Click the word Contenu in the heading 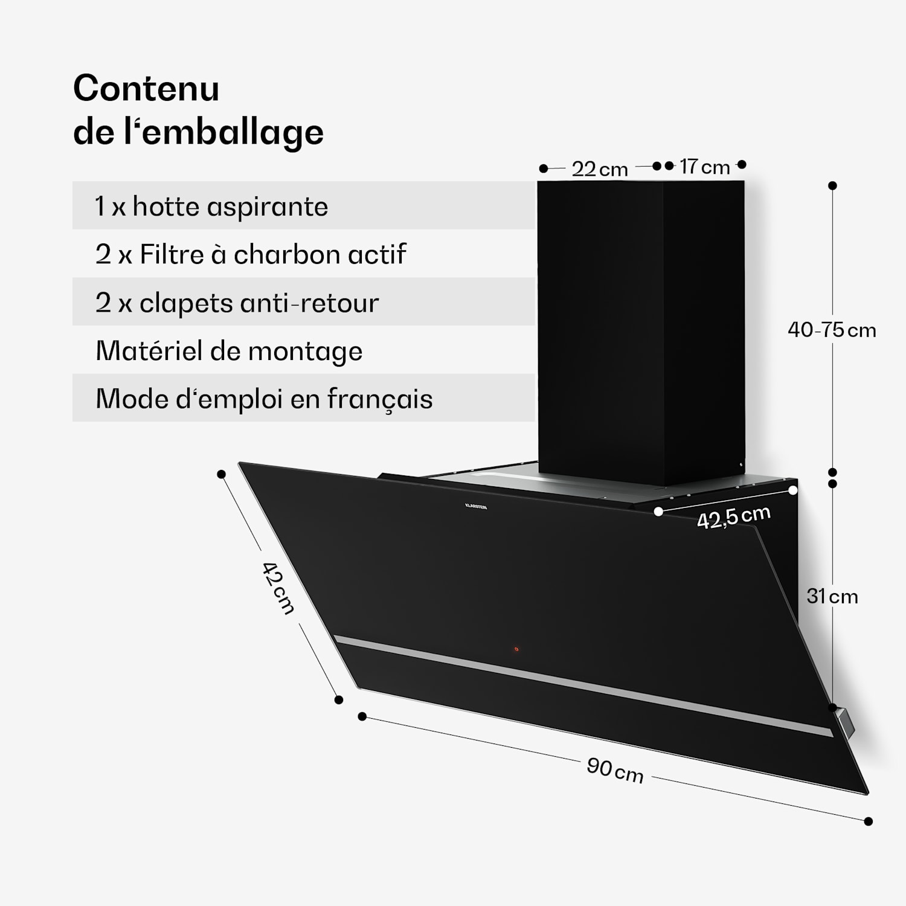[146, 89]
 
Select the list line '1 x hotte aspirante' [211, 207]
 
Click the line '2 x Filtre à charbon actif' [251, 254]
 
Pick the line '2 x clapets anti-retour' [237, 303]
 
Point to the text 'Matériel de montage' [229, 351]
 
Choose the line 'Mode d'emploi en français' [264, 399]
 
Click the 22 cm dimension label [600, 169]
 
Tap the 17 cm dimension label [704, 167]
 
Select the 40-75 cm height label [832, 330]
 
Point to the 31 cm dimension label [832, 597]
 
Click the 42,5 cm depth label [733, 518]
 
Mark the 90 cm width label [615, 770]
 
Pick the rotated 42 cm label [278, 588]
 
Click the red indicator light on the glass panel [516, 650]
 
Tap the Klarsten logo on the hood [476, 506]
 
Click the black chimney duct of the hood [640, 326]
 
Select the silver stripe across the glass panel [580, 685]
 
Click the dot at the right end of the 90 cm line [868, 821]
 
